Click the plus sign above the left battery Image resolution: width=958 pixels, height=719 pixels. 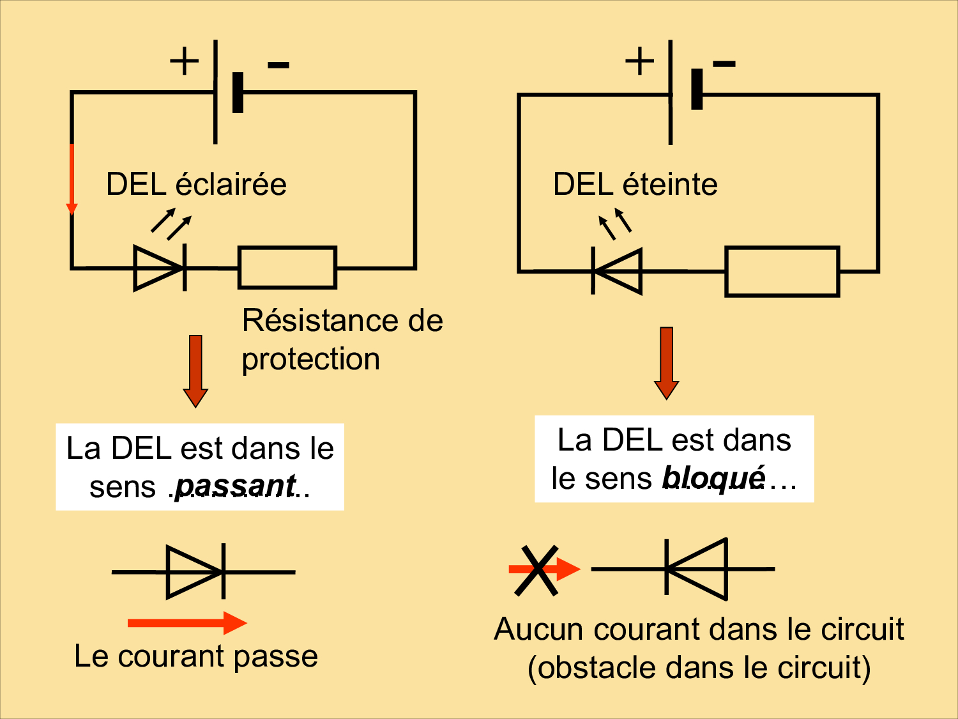click(x=184, y=61)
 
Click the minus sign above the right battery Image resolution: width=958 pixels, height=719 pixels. click(x=724, y=63)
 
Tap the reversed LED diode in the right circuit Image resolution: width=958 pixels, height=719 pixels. click(x=617, y=271)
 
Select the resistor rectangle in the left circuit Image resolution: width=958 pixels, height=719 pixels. click(x=287, y=268)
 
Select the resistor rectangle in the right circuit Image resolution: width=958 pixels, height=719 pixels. click(x=782, y=272)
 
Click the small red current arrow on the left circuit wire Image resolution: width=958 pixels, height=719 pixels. click(x=72, y=179)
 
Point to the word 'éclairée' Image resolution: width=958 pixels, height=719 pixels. click(x=231, y=185)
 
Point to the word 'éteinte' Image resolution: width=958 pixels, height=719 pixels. click(x=670, y=185)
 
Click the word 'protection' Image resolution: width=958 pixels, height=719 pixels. click(x=310, y=359)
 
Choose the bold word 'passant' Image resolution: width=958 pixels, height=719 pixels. click(x=235, y=486)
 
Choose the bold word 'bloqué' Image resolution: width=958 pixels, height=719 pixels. click(x=713, y=478)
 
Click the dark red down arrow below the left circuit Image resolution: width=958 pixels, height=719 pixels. click(x=195, y=371)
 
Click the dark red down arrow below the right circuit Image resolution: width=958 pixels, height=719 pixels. click(x=666, y=363)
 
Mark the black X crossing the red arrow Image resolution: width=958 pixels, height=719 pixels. click(x=536, y=571)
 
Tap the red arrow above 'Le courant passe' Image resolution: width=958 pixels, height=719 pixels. click(x=186, y=622)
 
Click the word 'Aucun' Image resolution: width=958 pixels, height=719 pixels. click(x=540, y=630)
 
